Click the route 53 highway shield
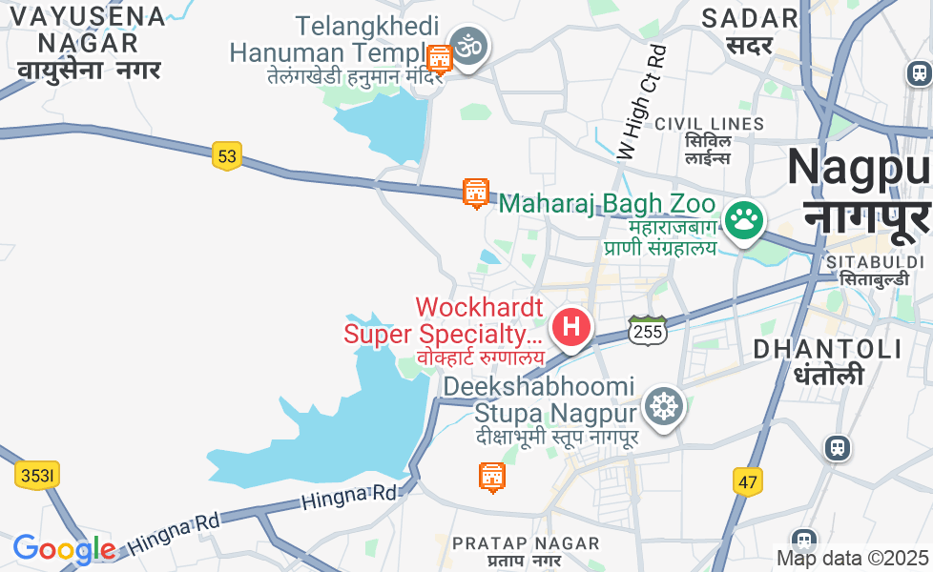[x=226, y=155]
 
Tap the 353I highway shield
[x=38, y=475]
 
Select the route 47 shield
[x=748, y=481]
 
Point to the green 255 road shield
[x=647, y=331]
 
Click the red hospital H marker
[x=570, y=327]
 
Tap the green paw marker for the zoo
[x=743, y=220]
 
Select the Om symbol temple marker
[x=468, y=45]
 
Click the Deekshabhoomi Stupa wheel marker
[x=662, y=405]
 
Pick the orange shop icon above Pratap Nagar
[x=491, y=476]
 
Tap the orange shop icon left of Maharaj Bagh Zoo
[x=475, y=193]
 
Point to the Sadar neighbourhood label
[x=750, y=31]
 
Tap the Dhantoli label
[x=828, y=360]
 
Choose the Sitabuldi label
[x=876, y=270]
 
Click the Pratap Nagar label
[x=526, y=551]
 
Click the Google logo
[x=63, y=549]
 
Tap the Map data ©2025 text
[x=852, y=558]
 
